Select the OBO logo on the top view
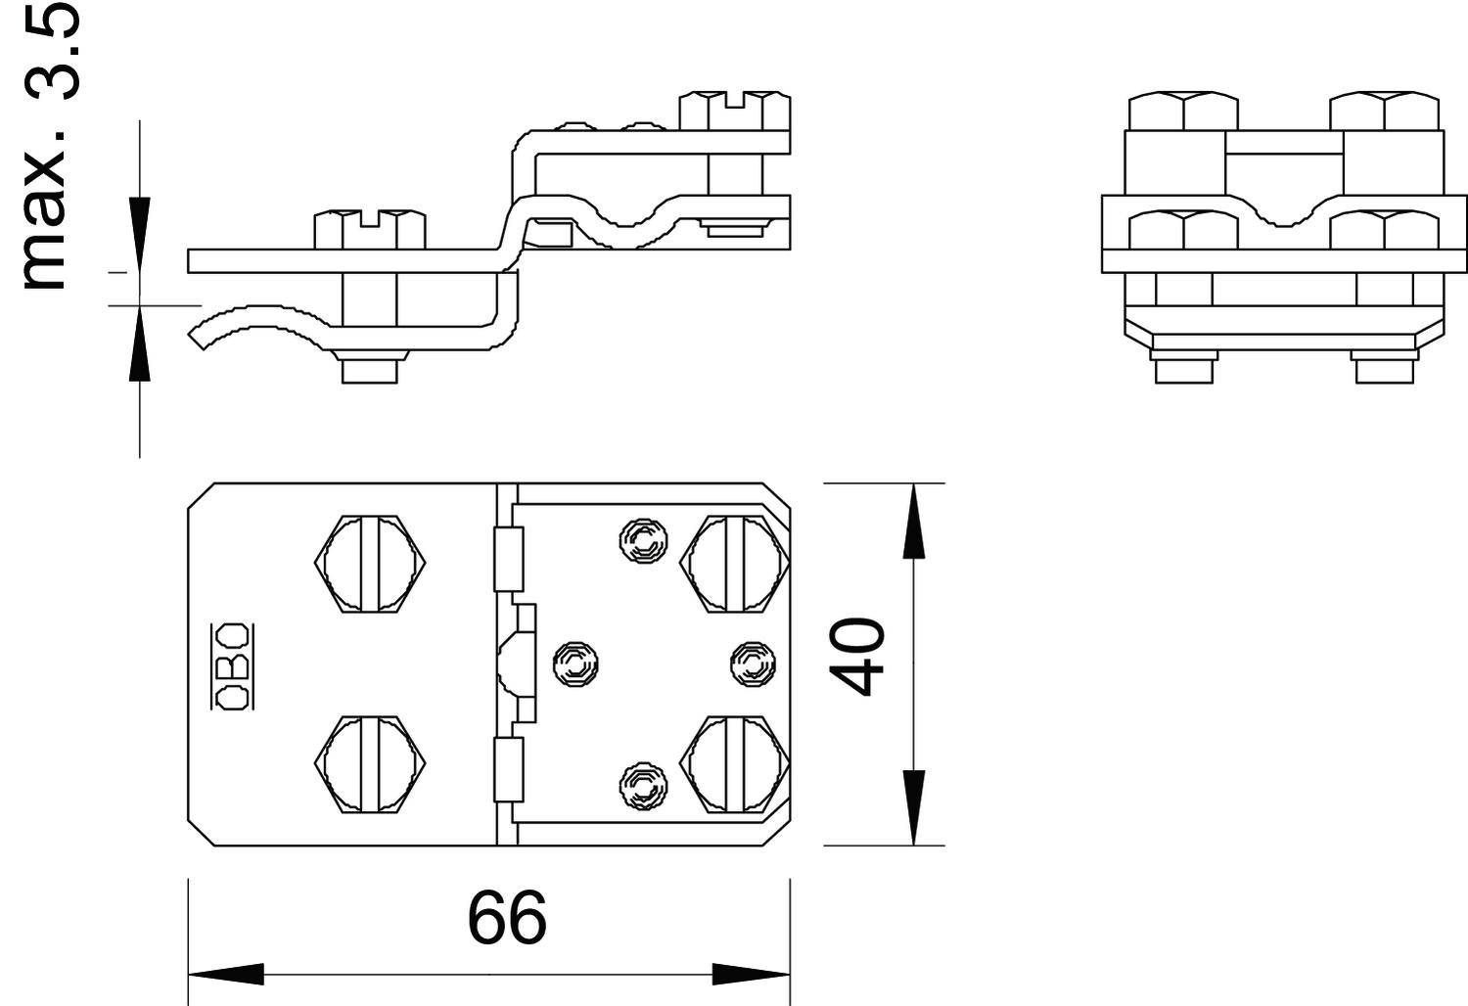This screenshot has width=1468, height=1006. [x=232, y=664]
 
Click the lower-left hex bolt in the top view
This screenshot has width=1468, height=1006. [x=371, y=763]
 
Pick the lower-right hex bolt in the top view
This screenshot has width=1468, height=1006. [x=735, y=763]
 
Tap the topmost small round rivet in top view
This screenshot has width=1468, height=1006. [x=641, y=537]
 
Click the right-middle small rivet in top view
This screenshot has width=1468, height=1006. [x=754, y=664]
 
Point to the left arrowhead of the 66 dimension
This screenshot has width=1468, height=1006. [x=225, y=975]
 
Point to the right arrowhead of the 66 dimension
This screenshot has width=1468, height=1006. [x=752, y=975]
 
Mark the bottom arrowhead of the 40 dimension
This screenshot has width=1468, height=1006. [x=913, y=807]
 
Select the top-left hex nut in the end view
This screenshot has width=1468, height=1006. [x=1183, y=111]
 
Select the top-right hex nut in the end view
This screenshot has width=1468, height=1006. [x=1385, y=111]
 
